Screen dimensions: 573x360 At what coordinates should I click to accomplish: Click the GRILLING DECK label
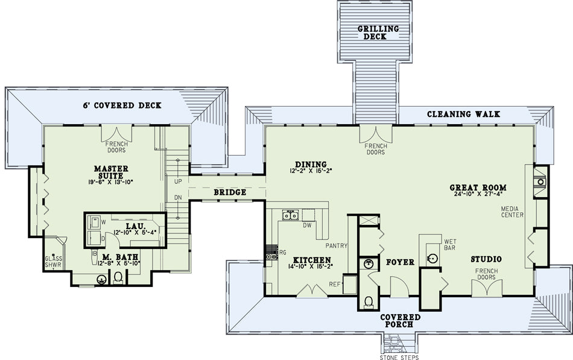pyautogui.click(x=378, y=33)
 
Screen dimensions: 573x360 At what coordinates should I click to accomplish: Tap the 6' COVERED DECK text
pyautogui.click(x=122, y=106)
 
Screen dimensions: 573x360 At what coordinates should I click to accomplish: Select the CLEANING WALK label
pyautogui.click(x=463, y=114)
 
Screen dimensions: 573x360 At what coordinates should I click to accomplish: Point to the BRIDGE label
pyautogui.click(x=230, y=192)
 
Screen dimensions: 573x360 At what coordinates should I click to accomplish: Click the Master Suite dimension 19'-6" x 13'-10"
pyautogui.click(x=111, y=182)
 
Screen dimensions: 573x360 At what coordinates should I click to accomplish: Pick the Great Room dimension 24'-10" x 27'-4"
pyautogui.click(x=478, y=194)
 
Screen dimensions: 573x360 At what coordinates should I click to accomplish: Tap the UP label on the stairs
pyautogui.click(x=178, y=182)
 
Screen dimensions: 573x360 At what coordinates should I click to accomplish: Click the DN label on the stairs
pyautogui.click(x=178, y=198)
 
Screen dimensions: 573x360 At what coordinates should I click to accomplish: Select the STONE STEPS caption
pyautogui.click(x=399, y=357)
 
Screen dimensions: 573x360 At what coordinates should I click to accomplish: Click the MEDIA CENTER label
pyautogui.click(x=512, y=212)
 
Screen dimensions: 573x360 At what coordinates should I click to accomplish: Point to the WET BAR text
pyautogui.click(x=450, y=244)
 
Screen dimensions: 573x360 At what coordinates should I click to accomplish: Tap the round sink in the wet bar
pyautogui.click(x=432, y=259)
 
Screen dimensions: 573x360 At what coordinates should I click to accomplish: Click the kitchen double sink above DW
pyautogui.click(x=291, y=215)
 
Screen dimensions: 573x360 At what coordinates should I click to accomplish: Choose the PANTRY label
pyautogui.click(x=336, y=246)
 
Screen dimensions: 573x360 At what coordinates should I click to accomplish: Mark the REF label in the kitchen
pyautogui.click(x=334, y=284)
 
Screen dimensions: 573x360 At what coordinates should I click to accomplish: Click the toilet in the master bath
pyautogui.click(x=118, y=277)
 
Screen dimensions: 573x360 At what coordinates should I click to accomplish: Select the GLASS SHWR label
pyautogui.click(x=53, y=262)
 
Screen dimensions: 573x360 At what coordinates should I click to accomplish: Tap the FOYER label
pyautogui.click(x=400, y=262)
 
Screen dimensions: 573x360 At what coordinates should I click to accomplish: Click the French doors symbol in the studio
pyautogui.click(x=487, y=288)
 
